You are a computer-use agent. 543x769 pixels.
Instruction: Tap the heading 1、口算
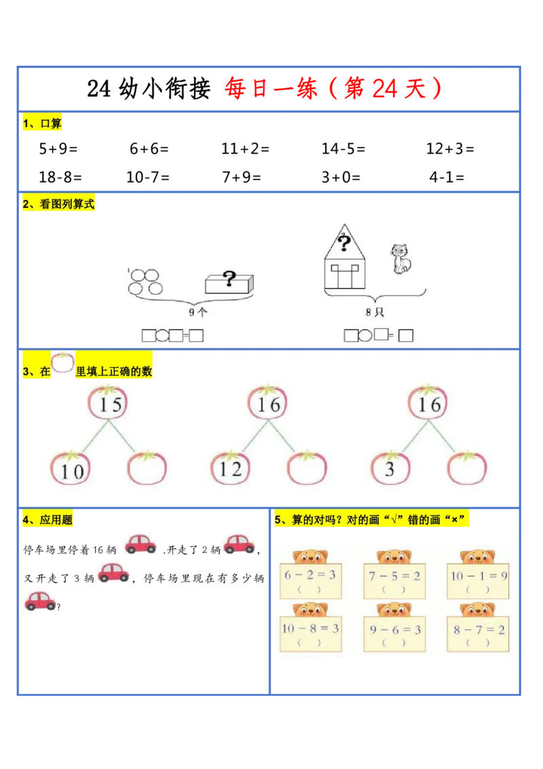click(42, 124)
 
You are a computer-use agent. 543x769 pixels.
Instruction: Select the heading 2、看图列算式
click(59, 204)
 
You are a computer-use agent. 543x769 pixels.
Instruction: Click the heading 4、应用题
click(48, 520)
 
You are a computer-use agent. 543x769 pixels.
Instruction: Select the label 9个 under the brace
click(198, 313)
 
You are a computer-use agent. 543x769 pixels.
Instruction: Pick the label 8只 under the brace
click(375, 312)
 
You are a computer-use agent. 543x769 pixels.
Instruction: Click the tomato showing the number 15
click(109, 404)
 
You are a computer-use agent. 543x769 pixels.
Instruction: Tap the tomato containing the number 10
click(71, 469)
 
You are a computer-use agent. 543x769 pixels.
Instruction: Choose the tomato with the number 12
click(231, 469)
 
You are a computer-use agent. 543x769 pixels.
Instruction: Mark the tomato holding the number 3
click(390, 469)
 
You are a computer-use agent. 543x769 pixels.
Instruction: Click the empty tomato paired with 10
click(147, 469)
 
